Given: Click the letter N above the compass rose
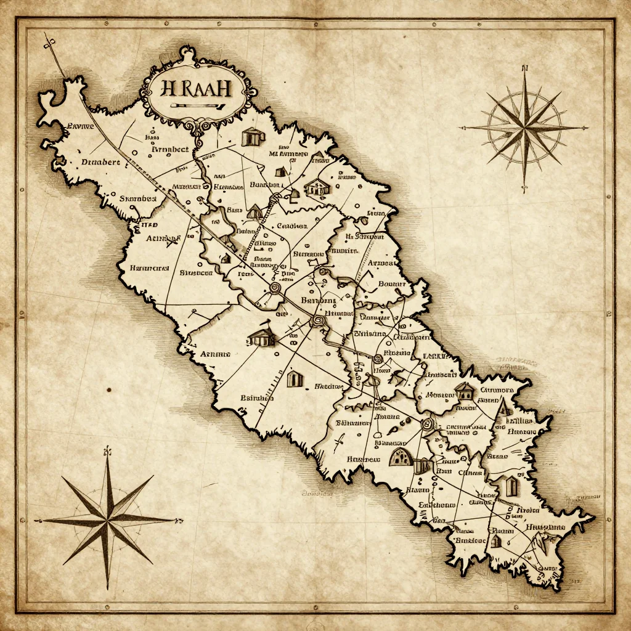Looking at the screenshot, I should (525, 68).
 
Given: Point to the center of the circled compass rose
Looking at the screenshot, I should (524, 128).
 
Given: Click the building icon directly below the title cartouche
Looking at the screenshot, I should (251, 137).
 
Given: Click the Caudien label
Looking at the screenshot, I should (292, 226).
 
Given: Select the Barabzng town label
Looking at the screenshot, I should (318, 300).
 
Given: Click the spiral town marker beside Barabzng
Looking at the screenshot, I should (319, 319).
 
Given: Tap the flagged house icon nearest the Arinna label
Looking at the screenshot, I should (261, 336).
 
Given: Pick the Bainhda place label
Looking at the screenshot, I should (257, 397).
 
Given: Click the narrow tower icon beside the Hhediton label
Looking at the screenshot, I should (295, 379).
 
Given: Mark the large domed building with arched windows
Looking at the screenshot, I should (401, 457).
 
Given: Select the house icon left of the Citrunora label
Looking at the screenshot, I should (463, 390).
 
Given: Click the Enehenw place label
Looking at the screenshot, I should (437, 504).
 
